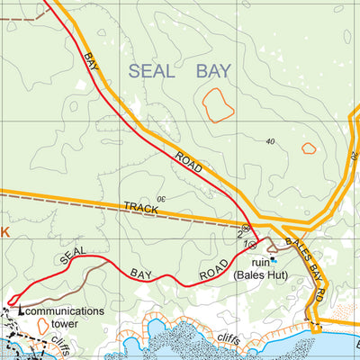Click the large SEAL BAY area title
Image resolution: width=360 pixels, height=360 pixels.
(179, 72)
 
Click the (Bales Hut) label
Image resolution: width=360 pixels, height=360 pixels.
(259, 274)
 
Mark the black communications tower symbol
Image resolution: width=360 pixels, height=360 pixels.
(21, 311)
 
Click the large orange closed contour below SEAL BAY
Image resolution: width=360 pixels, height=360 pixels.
(218, 105)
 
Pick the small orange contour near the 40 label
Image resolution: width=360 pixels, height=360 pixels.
(309, 148)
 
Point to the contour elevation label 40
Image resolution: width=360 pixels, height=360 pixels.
(271, 142)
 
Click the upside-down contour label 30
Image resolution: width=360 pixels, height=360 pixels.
(162, 198)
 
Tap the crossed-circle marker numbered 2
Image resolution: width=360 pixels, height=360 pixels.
(246, 229)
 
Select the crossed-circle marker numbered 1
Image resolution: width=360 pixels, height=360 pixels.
(253, 243)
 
